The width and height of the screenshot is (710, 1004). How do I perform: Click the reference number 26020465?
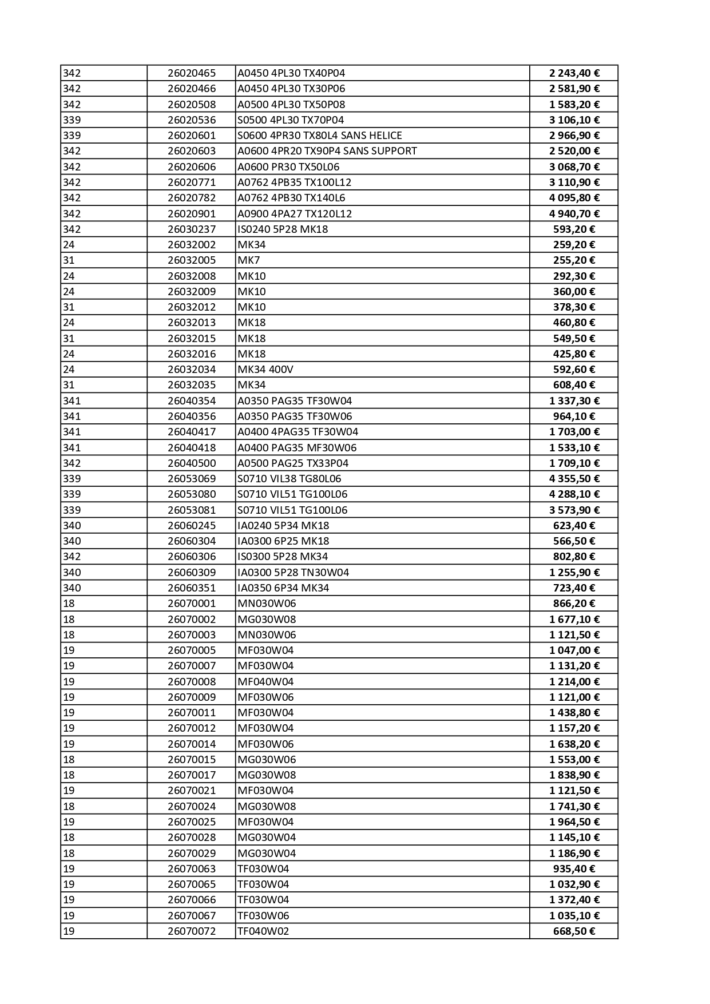tap(192, 73)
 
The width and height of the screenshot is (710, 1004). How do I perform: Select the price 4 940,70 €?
tap(574, 214)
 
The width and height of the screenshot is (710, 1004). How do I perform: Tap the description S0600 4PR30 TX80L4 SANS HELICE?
tap(319, 136)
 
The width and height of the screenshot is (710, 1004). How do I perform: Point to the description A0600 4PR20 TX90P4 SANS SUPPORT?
tap(327, 151)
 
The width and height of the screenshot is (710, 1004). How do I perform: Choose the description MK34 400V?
tap(265, 370)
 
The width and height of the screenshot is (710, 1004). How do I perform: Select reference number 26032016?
tap(192, 354)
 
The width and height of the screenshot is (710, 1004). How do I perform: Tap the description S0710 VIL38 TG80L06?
tap(289, 479)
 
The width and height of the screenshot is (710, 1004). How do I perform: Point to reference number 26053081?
tap(192, 510)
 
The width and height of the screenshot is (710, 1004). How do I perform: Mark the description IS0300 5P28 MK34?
tap(283, 557)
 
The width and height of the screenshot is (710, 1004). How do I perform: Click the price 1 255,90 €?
tap(574, 573)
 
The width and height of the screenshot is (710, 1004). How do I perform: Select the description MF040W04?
tap(265, 682)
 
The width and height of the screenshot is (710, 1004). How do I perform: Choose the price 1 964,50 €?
tap(574, 822)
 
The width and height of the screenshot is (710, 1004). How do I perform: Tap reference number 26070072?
tap(192, 931)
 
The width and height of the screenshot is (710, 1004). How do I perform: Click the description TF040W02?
tap(263, 931)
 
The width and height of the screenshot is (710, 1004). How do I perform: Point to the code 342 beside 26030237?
tap(72, 229)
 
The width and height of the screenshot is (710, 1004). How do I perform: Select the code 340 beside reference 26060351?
tap(72, 588)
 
